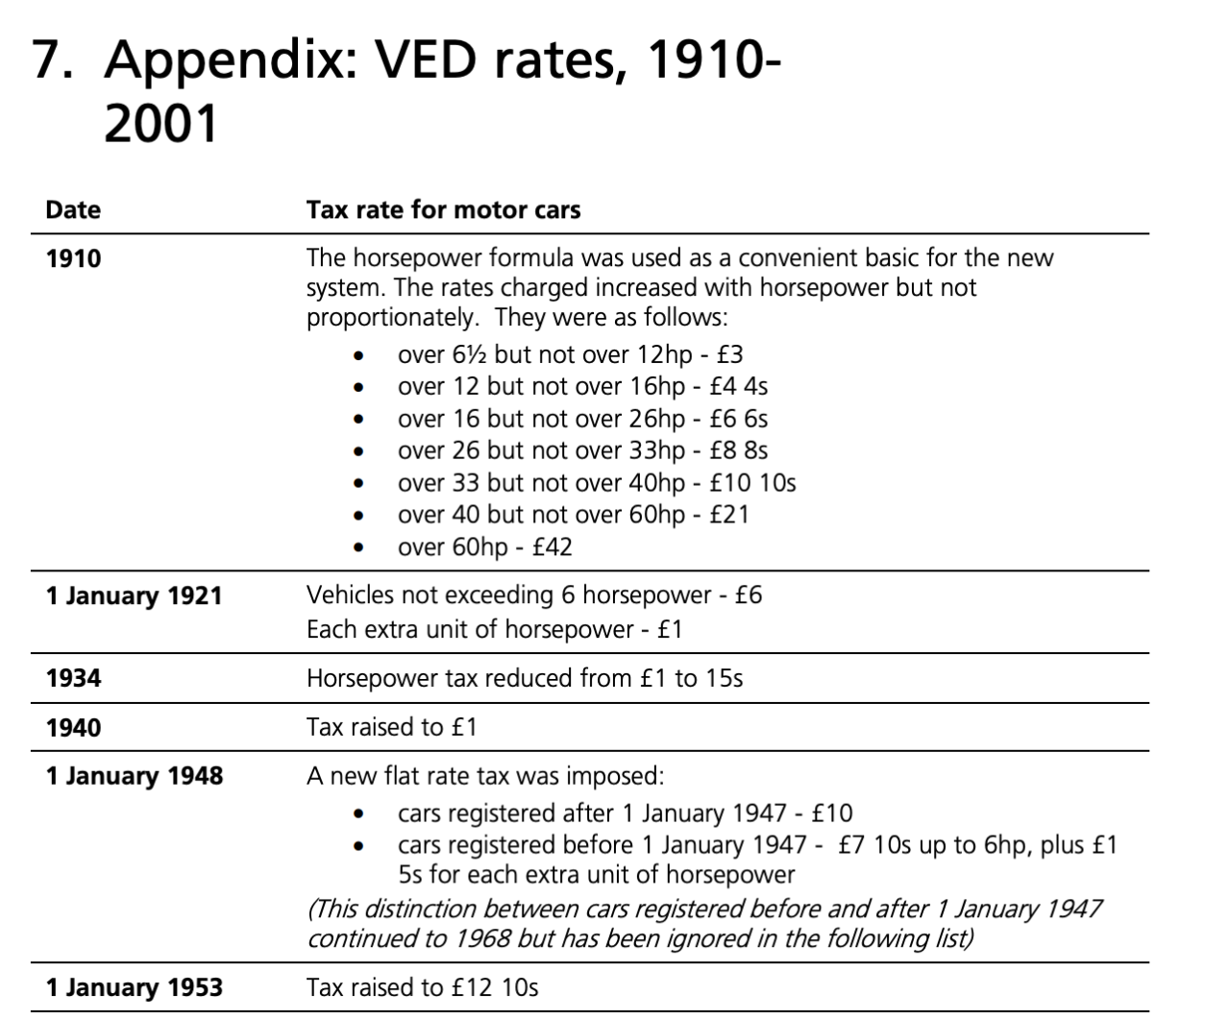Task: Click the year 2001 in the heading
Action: (x=161, y=125)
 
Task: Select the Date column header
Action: (x=73, y=209)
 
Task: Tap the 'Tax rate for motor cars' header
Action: (x=443, y=209)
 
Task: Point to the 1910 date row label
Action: (x=73, y=258)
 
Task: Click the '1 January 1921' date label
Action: (x=134, y=596)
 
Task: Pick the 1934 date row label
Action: (x=73, y=678)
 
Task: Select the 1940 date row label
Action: (x=73, y=727)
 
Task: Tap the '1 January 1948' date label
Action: (x=134, y=776)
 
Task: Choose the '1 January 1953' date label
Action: (x=134, y=987)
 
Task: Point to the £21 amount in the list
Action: (x=728, y=515)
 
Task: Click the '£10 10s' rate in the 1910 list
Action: (x=752, y=483)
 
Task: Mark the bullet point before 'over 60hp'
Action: (x=358, y=548)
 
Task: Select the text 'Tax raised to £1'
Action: (x=391, y=727)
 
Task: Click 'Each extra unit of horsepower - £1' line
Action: (x=494, y=630)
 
